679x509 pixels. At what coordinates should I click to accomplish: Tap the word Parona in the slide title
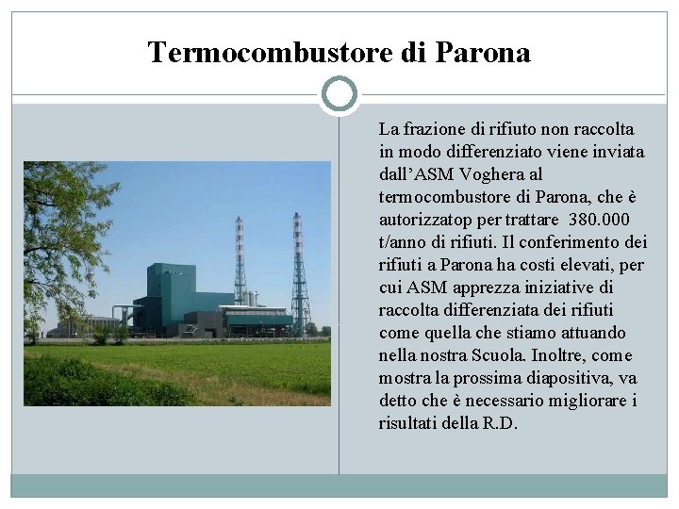tap(484, 53)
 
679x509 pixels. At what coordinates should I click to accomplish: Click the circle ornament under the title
tap(339, 95)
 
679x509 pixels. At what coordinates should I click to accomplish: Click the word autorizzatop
tap(423, 220)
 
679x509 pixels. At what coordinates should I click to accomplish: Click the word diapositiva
tap(561, 378)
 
